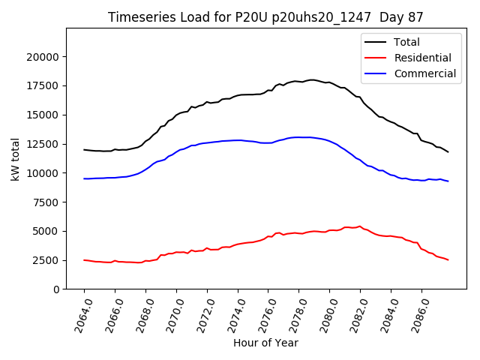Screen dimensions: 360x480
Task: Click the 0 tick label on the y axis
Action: pyautogui.click(x=56, y=289)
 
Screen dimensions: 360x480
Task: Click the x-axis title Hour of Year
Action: pyautogui.click(x=265, y=343)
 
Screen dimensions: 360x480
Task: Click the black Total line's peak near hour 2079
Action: pyautogui.click(x=311, y=79)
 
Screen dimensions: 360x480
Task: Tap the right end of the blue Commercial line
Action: pyautogui.click(x=448, y=181)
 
